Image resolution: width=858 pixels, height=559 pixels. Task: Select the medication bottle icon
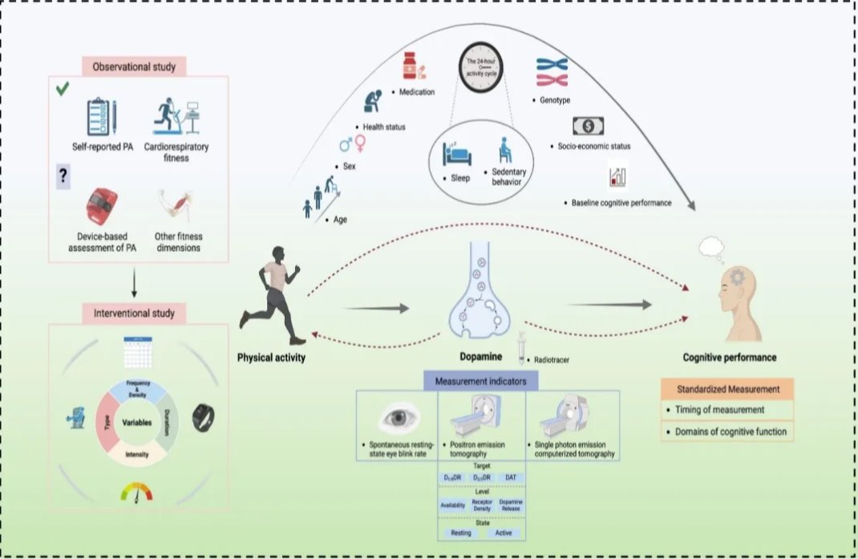(413, 69)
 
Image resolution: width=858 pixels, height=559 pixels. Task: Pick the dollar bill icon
(588, 126)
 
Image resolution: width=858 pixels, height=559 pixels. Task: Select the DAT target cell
(511, 478)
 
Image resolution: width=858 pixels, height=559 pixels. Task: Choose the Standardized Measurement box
(726, 389)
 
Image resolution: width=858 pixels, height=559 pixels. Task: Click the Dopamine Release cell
(510, 505)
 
